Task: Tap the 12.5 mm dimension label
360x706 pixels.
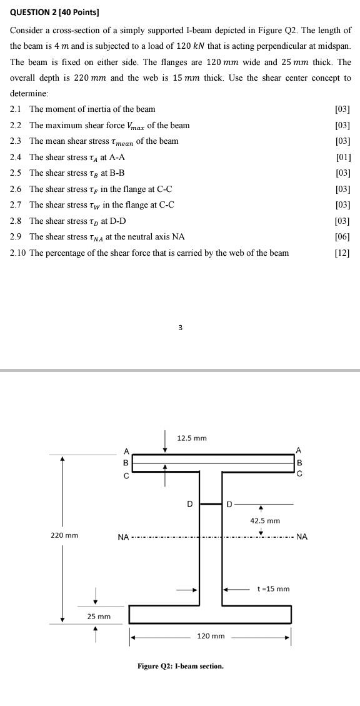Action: point(192,438)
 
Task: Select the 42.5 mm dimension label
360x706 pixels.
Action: point(265,520)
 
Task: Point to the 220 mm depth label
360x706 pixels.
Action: point(64,535)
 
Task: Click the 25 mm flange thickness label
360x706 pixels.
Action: point(99,617)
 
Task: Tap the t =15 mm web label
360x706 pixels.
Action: point(274,588)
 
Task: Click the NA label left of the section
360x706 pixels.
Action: point(123,537)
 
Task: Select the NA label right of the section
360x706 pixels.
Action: point(302,537)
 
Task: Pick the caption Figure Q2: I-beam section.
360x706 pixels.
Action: point(181,666)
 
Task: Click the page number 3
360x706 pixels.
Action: point(180,327)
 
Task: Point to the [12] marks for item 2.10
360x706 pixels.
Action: point(342,253)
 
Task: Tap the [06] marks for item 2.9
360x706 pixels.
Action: point(342,237)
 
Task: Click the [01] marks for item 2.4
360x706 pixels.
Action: point(343,157)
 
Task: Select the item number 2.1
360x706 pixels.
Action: point(16,109)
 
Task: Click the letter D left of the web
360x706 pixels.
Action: point(191,503)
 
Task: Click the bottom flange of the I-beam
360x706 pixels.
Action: point(210,614)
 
